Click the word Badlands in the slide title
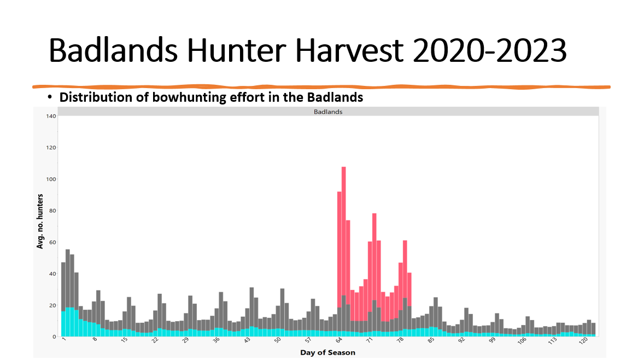click(113, 50)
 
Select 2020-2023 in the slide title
click(490, 50)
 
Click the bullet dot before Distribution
click(50, 97)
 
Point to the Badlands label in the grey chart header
click(328, 112)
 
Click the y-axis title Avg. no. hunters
click(40, 221)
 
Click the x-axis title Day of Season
click(328, 352)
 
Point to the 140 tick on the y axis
click(51, 116)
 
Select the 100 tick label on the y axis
click(51, 179)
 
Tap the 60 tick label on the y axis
click(52, 242)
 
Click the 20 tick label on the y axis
click(52, 305)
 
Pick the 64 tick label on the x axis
click(339, 340)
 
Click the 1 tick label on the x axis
click(64, 339)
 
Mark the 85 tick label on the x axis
click(430, 340)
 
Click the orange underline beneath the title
click(321, 86)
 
